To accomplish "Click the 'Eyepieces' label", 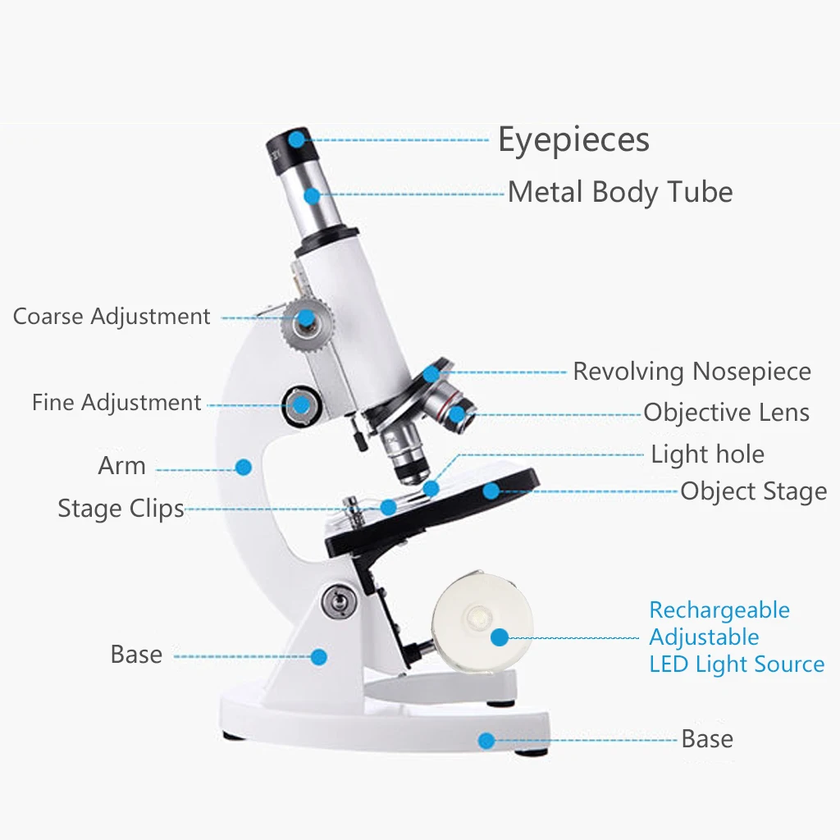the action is (573, 140).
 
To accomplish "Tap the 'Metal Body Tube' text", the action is (619, 193).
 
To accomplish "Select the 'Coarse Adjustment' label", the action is (112, 317).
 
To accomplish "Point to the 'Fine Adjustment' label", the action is (116, 403).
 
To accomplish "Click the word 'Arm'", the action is (121, 466).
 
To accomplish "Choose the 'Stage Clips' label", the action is (121, 509).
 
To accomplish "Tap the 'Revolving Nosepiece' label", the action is (692, 372).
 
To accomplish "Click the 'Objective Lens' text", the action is (726, 413).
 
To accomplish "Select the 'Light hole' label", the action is (707, 454).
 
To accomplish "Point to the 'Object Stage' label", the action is (753, 492).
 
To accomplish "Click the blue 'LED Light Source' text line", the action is (737, 664).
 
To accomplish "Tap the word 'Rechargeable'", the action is (719, 610).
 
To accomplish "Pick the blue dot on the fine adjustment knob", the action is (302, 404).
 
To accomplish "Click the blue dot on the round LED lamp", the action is (499, 637).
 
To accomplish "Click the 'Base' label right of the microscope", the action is (707, 739).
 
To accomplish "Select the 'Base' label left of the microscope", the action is (136, 655).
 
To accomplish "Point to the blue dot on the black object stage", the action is (491, 491).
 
